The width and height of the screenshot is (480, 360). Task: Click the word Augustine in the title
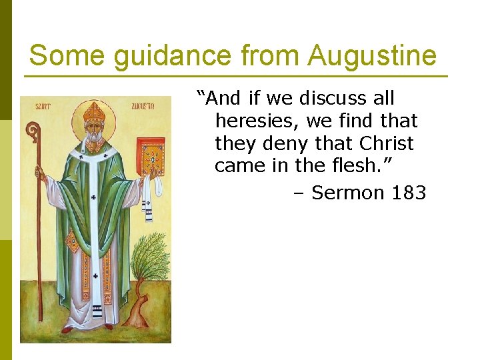[372, 56]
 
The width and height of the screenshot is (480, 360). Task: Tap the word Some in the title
[67, 56]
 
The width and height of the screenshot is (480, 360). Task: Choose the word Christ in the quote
[386, 143]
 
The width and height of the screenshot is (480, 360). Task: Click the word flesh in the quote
[360, 166]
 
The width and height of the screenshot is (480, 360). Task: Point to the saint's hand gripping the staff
[41, 175]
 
